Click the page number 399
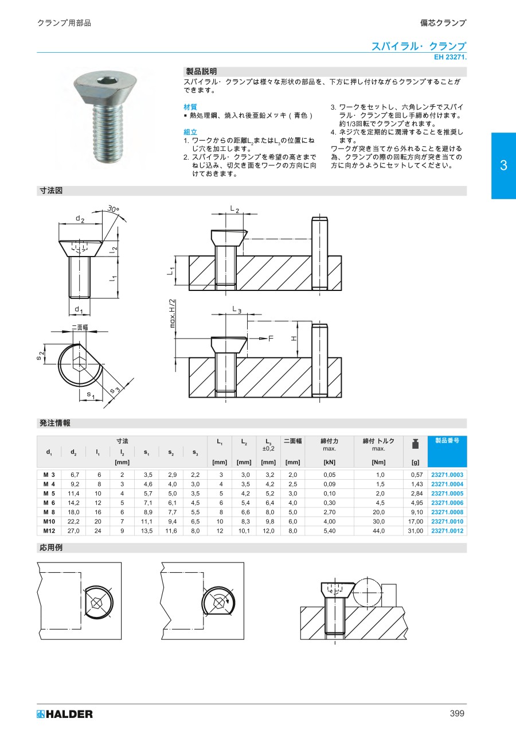[x=457, y=714]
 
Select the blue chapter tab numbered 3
[x=503, y=166]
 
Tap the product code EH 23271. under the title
[x=450, y=57]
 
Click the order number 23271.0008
[x=447, y=512]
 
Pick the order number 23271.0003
[x=447, y=475]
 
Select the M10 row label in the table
[x=49, y=521]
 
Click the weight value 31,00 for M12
[x=415, y=531]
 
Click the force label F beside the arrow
[x=271, y=339]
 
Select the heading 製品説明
[x=201, y=72]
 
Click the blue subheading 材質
[x=190, y=107]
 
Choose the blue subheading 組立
[x=190, y=132]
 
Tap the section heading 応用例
[x=50, y=547]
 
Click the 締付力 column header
[x=329, y=441]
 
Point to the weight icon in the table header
[x=415, y=444]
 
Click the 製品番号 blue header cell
[x=447, y=441]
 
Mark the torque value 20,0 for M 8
[x=378, y=512]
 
